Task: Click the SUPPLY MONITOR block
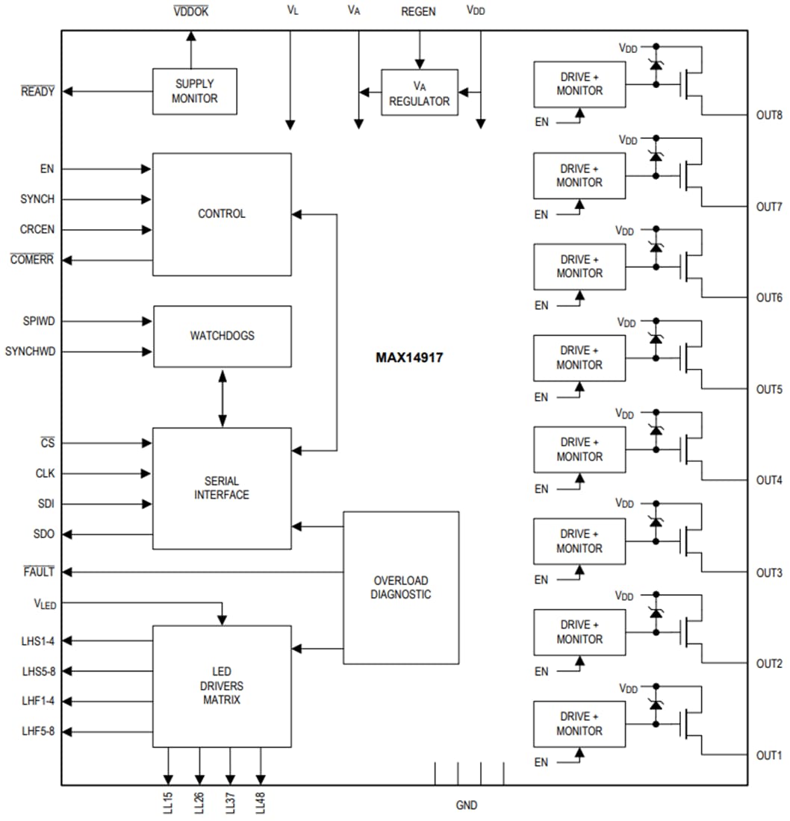194,91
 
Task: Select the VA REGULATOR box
419,93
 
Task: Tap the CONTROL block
222,214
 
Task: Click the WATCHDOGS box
222,336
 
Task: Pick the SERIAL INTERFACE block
222,488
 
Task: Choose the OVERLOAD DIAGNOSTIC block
400,587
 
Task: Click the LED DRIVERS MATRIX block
222,686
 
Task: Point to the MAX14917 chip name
409,358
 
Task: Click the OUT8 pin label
768,115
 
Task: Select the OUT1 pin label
768,755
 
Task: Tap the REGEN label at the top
418,12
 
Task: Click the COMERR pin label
32,260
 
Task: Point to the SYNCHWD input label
30,351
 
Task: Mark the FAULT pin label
38,572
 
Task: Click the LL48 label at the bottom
261,803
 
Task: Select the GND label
467,805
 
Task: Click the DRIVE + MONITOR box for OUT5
579,358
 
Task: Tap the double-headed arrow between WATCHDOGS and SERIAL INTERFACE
222,397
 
